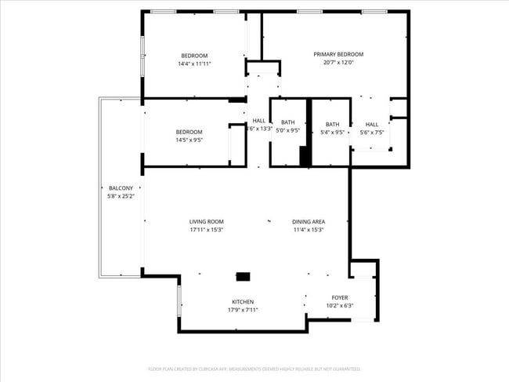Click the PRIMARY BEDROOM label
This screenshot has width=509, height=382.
tap(338, 54)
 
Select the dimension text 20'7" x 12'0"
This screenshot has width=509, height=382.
tap(338, 63)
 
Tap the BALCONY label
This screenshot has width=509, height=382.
tap(121, 188)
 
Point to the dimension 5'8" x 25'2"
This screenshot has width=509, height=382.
tap(121, 196)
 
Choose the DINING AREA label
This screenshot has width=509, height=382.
tap(308, 222)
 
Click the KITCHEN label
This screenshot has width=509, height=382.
tap(242, 302)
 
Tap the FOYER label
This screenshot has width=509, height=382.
tap(339, 297)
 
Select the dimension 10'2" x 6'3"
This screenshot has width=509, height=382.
tap(339, 306)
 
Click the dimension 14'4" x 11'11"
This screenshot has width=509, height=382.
tap(194, 64)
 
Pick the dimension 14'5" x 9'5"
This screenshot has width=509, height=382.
tap(189, 140)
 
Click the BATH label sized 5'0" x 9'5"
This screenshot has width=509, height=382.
tap(288, 122)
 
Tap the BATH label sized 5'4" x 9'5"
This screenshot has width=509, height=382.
tap(333, 124)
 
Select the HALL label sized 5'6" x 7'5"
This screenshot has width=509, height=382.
tap(371, 124)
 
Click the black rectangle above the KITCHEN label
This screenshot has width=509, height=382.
tap(244, 277)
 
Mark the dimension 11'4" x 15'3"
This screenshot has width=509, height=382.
tap(308, 230)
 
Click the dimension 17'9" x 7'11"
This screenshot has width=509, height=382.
tap(242, 310)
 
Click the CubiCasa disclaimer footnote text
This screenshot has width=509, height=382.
tap(254, 368)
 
